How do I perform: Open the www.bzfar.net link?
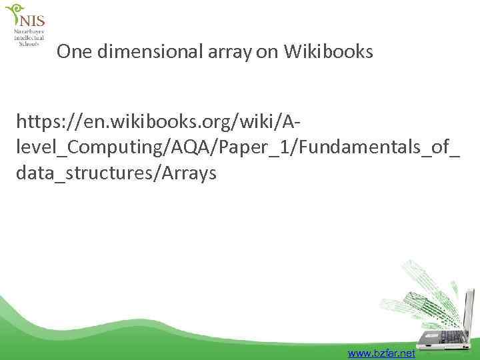click(381, 353)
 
